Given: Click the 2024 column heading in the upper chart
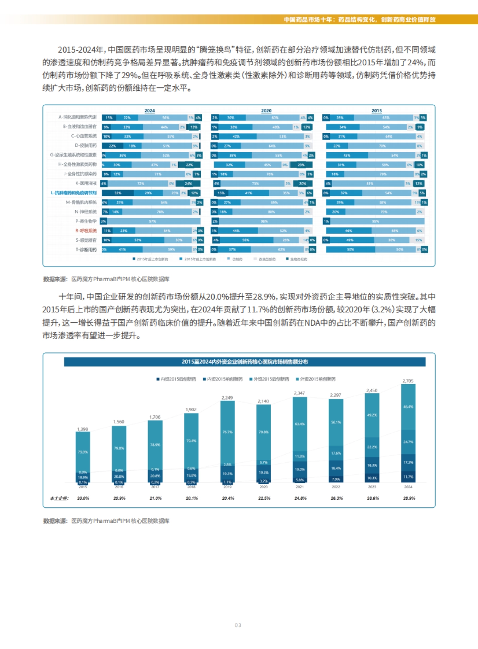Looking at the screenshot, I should point(149,111).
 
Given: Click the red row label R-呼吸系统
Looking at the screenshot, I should point(86,231).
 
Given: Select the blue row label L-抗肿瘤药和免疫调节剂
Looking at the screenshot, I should point(74,193).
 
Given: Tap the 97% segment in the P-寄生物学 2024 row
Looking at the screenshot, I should point(152,221).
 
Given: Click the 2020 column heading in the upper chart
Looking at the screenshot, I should point(266,111).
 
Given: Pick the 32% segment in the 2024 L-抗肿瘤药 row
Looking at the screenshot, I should point(118,193).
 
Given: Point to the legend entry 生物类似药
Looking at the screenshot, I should point(298,259).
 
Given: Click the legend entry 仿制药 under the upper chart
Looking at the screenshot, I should point(237,259).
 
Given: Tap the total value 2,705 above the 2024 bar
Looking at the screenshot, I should point(408,381).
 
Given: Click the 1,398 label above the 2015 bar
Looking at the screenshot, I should point(82,429).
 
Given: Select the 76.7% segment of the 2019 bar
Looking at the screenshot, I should point(227,432).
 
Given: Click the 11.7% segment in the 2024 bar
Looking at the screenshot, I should point(408,477).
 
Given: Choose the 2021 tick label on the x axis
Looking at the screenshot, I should point(300,487).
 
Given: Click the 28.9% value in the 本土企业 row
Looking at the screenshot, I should point(409,498).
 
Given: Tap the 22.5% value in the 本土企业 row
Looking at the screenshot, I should point(264,498).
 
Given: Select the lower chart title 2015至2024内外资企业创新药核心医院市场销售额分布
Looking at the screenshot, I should point(245,362).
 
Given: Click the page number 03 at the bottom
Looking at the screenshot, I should point(238,625).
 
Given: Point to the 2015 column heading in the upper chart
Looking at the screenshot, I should point(376,111).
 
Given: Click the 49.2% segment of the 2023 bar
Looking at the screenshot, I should point(372,415).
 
